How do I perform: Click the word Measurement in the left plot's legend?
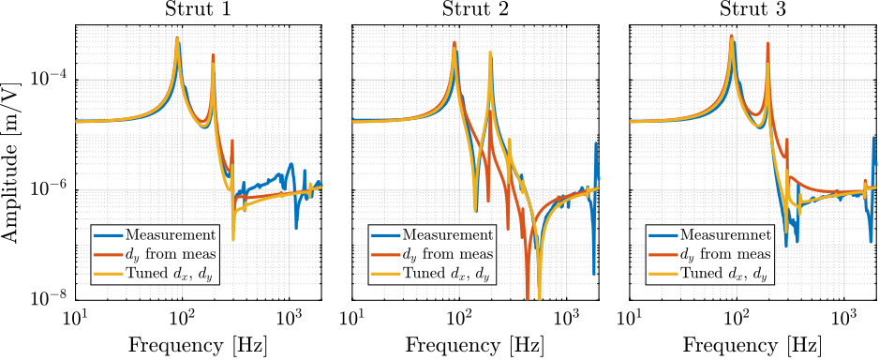[x=171, y=235]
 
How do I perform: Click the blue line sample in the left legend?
[x=109, y=235]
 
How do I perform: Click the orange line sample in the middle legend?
[x=386, y=255]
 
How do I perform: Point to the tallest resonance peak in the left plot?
[x=176, y=38]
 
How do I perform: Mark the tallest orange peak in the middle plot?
[x=454, y=43]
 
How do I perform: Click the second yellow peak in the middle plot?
[x=489, y=53]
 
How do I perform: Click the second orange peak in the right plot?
[x=767, y=43]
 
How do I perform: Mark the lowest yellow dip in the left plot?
[x=233, y=239]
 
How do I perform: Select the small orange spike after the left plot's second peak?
[x=232, y=142]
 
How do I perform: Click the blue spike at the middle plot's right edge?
[x=595, y=144]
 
